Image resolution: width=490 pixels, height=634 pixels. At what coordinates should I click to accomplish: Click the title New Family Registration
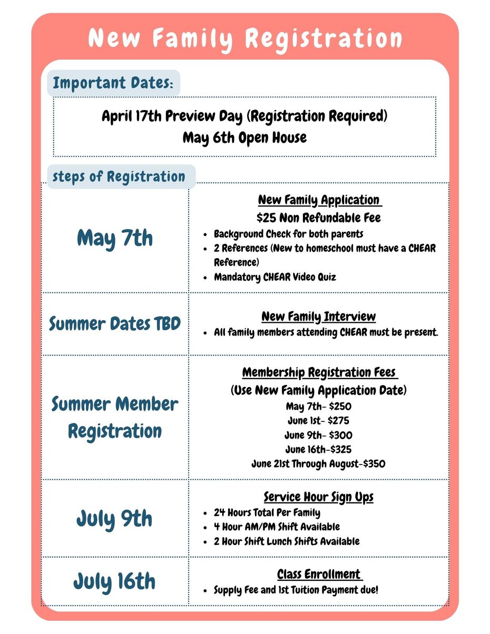245,38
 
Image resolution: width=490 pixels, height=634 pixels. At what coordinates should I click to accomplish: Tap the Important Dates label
113,83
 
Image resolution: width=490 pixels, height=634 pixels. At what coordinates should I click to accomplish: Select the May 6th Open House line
244,138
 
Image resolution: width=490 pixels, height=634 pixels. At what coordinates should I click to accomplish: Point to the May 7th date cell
115,238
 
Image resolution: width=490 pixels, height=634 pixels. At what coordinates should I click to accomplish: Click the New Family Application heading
319,200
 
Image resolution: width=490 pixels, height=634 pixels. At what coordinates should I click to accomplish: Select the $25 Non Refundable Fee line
319,217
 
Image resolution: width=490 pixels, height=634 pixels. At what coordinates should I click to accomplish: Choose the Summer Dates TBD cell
115,323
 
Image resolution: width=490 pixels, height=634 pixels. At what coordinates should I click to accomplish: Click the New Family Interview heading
319,316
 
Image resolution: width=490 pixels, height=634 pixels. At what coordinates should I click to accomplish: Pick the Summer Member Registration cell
115,418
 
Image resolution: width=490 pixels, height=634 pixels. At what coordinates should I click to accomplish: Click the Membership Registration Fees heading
319,372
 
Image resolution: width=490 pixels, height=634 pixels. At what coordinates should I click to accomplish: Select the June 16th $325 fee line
318,450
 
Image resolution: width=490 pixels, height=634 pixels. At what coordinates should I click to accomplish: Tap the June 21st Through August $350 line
318,464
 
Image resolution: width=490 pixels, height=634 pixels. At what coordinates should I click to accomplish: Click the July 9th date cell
114,519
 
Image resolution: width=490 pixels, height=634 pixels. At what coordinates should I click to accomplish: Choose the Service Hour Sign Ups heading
319,497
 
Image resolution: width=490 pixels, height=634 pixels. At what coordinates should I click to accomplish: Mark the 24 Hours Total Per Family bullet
267,512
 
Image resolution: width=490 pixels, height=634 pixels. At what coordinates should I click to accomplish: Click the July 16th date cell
114,581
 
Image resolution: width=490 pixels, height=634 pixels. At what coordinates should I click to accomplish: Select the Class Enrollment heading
319,574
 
